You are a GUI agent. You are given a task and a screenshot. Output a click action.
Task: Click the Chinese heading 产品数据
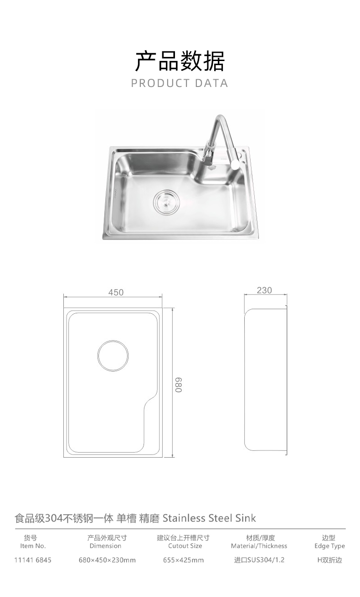180,61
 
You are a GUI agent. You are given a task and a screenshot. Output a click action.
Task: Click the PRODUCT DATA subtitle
180,83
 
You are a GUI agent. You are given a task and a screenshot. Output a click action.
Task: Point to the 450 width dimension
116,292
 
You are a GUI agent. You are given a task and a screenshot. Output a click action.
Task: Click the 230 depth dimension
264,290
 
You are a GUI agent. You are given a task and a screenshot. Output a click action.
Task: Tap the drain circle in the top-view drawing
113,355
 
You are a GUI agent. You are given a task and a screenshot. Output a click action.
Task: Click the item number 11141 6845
33,560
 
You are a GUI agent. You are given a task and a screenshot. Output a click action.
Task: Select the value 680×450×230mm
107,560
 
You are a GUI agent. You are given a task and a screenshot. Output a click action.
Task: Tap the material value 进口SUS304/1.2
259,560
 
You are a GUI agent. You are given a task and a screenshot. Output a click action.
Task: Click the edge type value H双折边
329,560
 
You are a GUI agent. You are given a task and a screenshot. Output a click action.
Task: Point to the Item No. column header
33,546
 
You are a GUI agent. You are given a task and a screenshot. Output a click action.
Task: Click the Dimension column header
105,546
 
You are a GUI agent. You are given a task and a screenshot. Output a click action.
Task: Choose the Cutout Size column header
185,546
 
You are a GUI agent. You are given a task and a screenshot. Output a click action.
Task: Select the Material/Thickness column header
259,546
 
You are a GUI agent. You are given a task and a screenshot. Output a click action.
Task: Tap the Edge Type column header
329,546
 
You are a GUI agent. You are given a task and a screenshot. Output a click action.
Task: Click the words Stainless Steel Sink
209,518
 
